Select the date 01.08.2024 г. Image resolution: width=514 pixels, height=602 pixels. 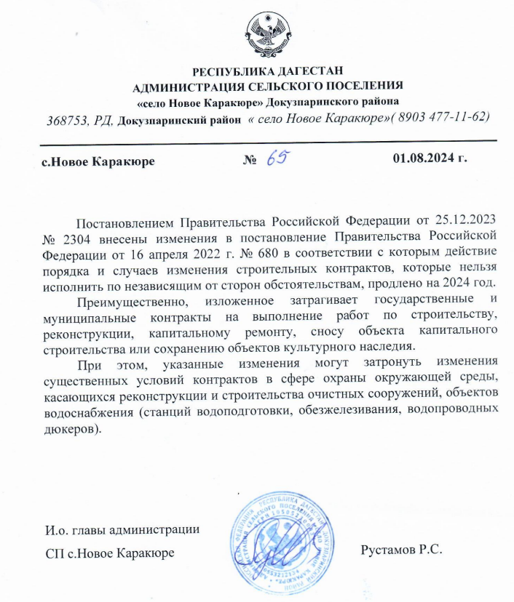point(429,158)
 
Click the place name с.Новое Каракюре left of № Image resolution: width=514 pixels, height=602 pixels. point(98,161)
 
